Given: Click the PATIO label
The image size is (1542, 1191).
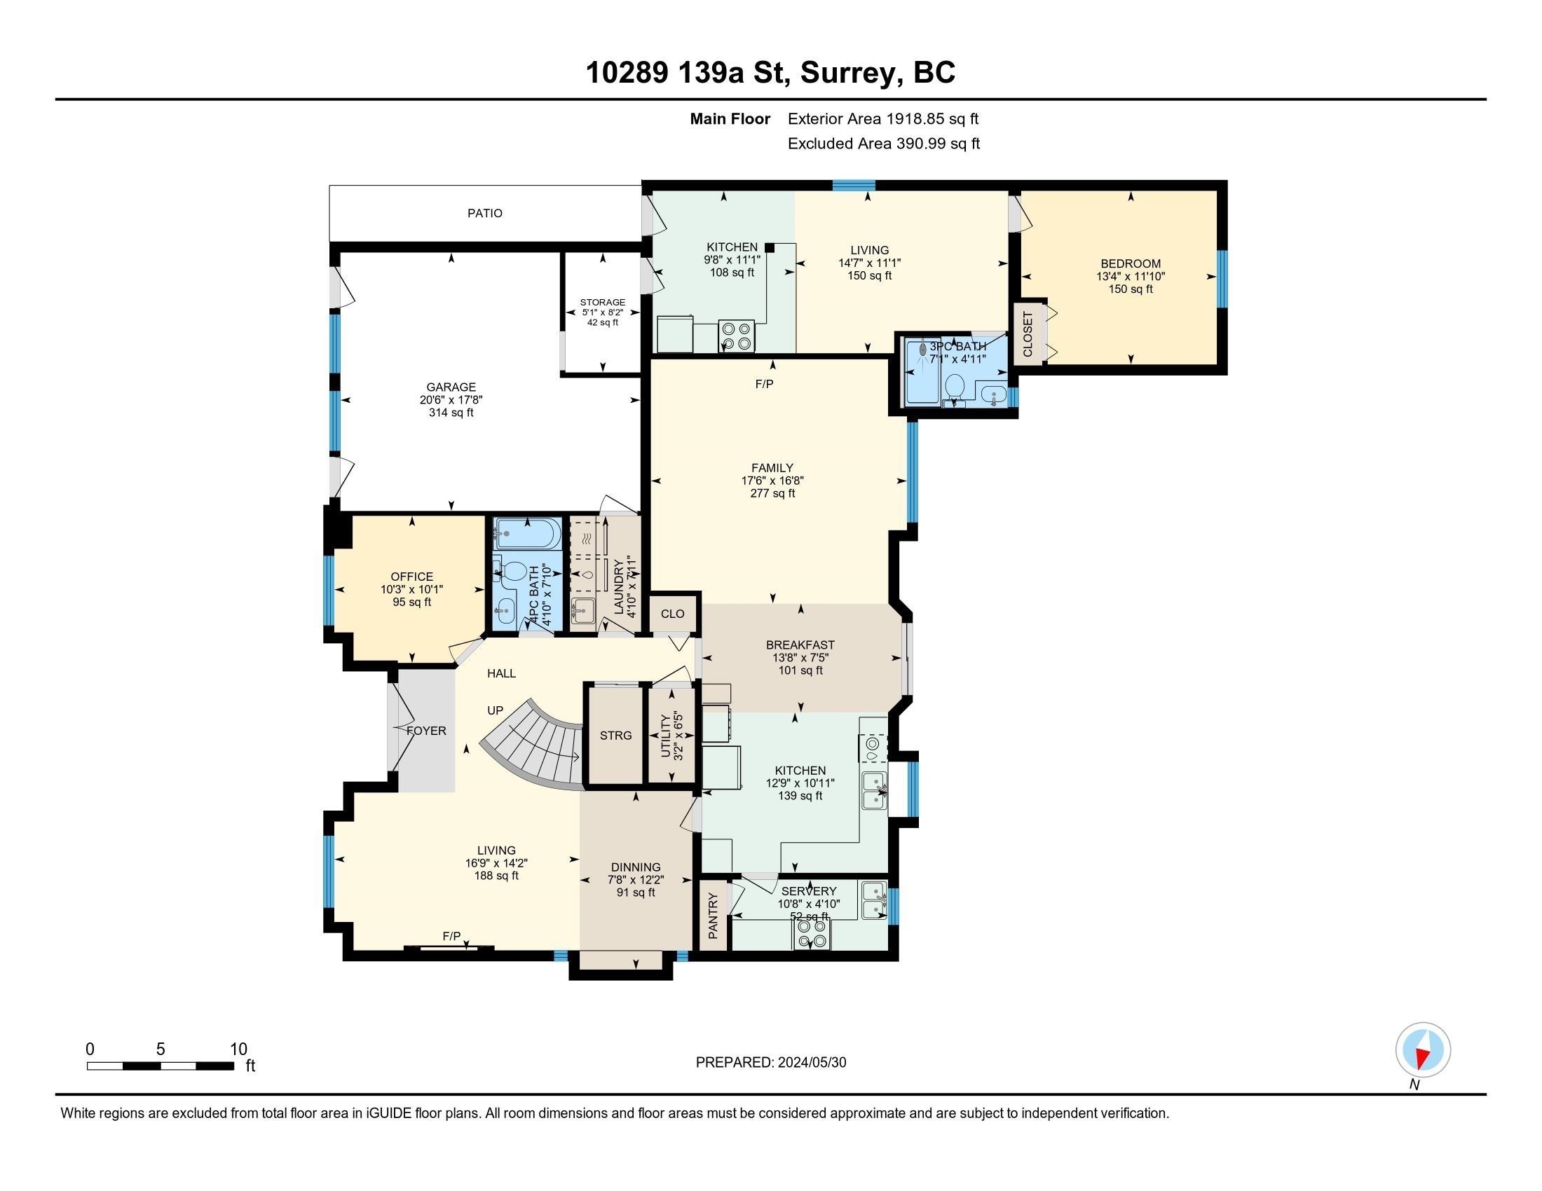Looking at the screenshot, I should (484, 213).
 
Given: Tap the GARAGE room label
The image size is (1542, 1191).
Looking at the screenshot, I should (451, 387).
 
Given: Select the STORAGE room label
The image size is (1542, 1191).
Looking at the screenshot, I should (602, 302).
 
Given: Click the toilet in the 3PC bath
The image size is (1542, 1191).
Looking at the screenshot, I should (955, 386).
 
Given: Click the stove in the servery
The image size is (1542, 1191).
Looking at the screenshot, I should (811, 934).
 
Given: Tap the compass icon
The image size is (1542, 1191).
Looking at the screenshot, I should (1423, 1050).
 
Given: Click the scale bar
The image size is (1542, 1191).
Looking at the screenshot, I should (161, 1066).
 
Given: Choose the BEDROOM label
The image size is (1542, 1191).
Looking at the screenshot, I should (1131, 264).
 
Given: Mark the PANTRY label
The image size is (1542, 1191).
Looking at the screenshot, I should (713, 916).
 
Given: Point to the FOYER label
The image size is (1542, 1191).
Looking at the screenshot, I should (426, 731).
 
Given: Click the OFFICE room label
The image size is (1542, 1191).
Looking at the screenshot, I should (411, 577).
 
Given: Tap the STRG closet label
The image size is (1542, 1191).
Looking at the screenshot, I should (615, 735).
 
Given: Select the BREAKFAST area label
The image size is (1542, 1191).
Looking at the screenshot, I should (800, 645).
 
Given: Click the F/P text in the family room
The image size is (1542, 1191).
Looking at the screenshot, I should (764, 384).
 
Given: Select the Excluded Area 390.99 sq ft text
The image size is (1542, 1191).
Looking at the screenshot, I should (883, 144).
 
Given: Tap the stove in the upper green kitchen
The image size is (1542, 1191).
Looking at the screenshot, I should (737, 336).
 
